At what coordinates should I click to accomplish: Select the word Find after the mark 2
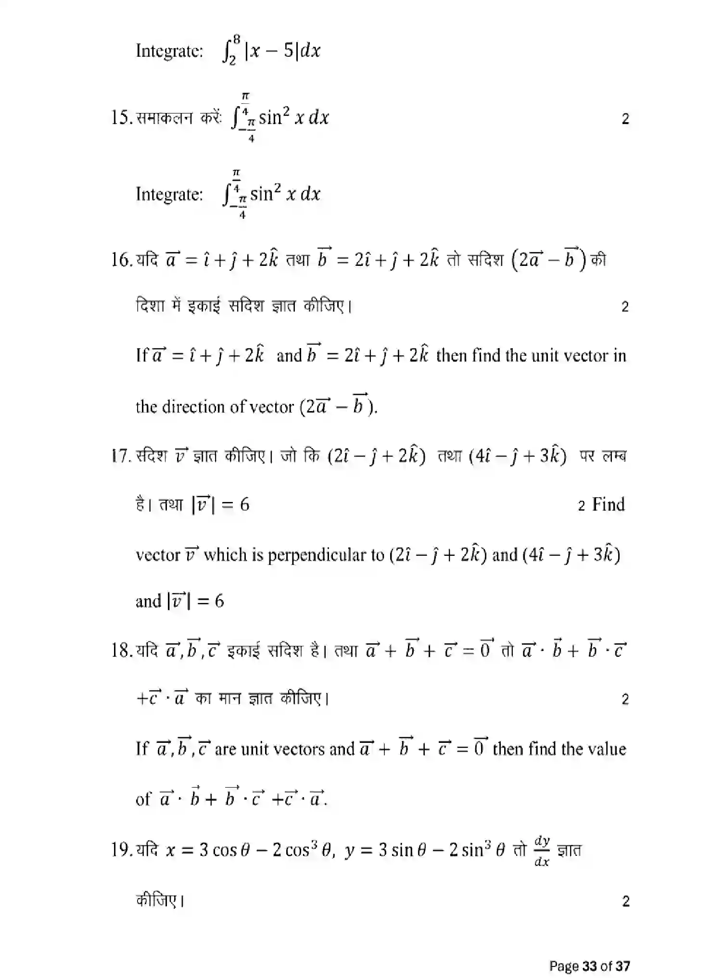coord(608,504)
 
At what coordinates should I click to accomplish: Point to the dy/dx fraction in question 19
coord(542,851)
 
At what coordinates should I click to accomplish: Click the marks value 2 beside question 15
coord(625,119)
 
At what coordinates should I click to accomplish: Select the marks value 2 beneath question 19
coord(625,901)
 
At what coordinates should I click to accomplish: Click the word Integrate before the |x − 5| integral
coord(169,50)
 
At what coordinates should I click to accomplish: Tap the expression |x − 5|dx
coord(282,50)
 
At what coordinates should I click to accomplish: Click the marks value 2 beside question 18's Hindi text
coord(625,699)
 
